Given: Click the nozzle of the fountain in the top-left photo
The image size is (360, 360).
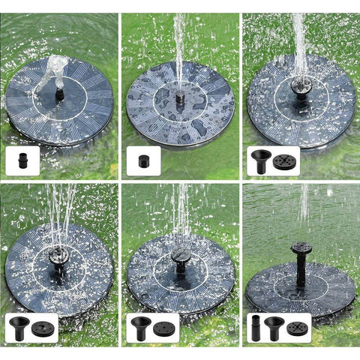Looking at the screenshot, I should click(x=58, y=94).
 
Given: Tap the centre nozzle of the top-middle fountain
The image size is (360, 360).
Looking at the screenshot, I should click(x=180, y=97).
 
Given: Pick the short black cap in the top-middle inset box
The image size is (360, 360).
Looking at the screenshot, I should click(x=142, y=160).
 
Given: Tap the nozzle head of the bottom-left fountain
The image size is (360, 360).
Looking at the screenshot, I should click(x=59, y=257).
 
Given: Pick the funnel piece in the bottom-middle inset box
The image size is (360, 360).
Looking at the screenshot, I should click(x=142, y=327).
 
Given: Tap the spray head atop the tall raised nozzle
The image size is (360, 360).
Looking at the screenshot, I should click(x=301, y=247).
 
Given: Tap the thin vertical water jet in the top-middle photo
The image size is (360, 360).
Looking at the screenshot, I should click(x=180, y=45).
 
